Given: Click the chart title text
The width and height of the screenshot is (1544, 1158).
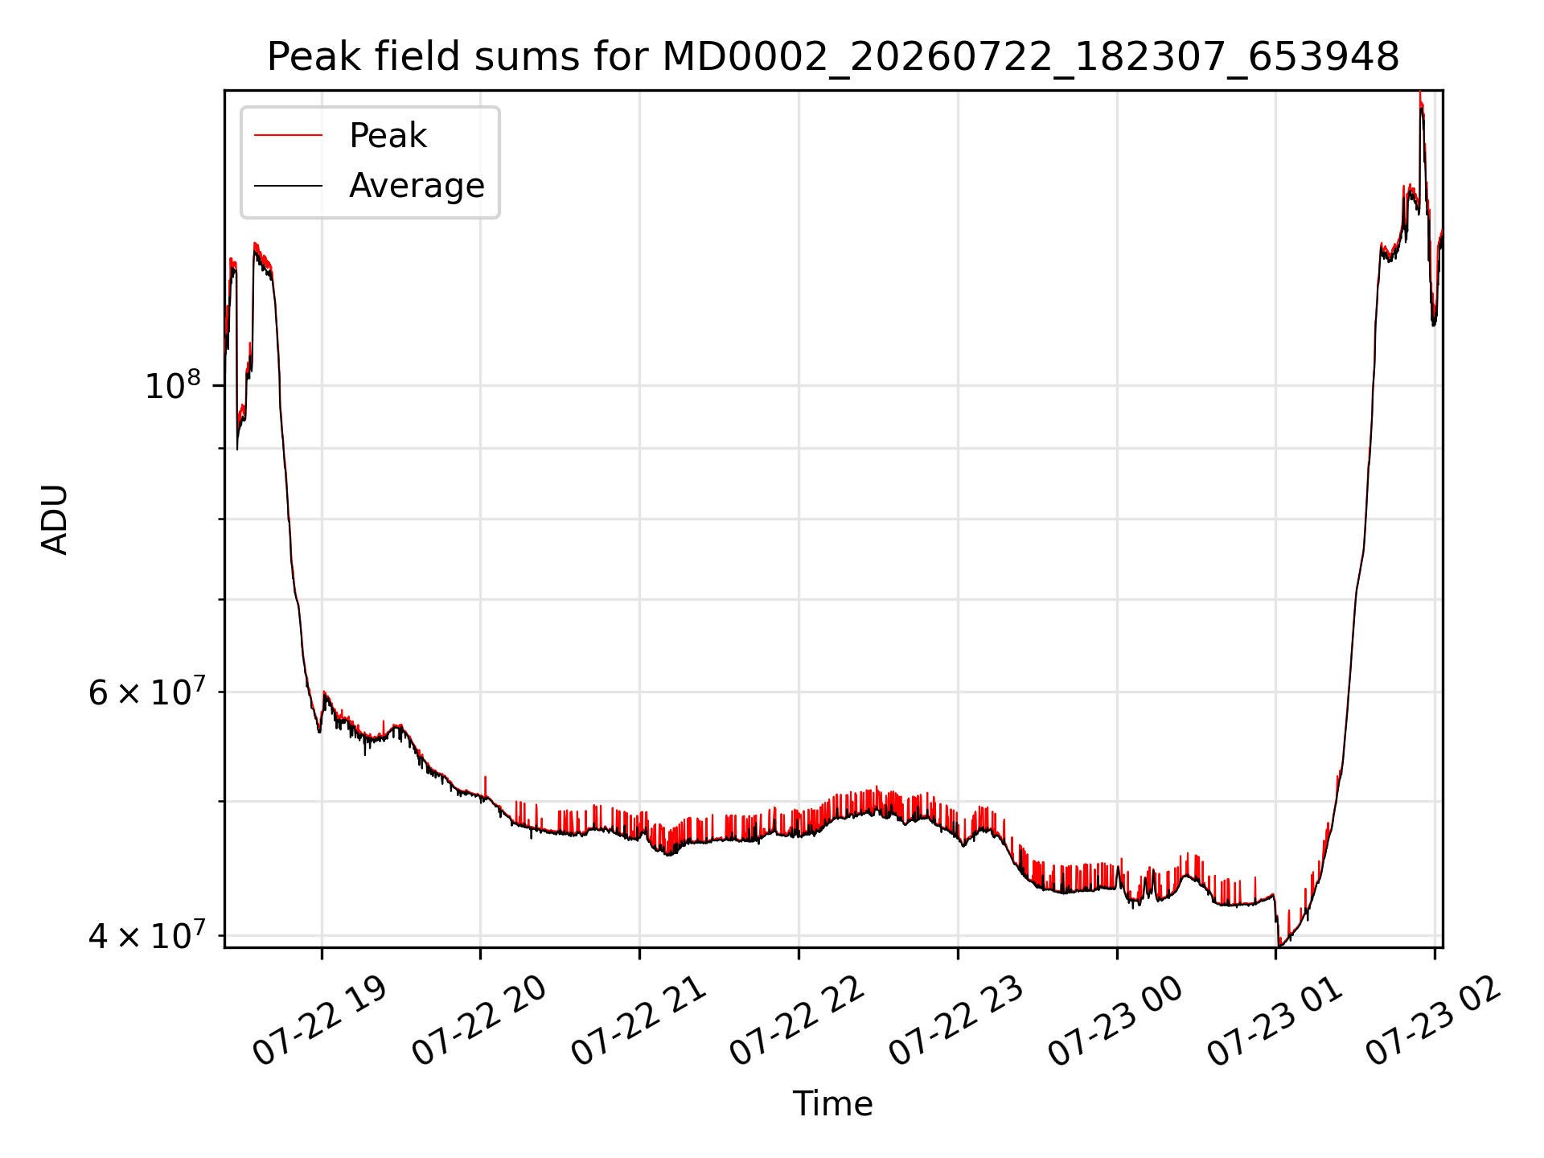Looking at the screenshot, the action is click(x=833, y=57).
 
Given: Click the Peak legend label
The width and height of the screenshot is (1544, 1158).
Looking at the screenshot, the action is click(x=388, y=136).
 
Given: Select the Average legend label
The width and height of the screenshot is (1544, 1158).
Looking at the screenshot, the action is click(x=417, y=186).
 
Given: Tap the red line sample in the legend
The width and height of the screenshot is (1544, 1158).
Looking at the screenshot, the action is click(x=288, y=136).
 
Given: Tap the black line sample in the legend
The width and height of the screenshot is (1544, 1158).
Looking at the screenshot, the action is click(x=288, y=186).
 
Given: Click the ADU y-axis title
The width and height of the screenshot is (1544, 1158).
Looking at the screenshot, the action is click(x=55, y=519).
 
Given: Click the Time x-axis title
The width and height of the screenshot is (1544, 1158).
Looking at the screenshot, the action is click(x=832, y=1104).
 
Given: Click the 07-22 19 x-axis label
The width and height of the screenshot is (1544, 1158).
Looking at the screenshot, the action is click(x=320, y=1021).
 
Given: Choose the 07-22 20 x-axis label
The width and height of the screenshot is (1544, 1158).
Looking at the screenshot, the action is click(x=479, y=1021).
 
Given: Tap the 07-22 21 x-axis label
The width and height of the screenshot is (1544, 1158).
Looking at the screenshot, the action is click(x=639, y=1021).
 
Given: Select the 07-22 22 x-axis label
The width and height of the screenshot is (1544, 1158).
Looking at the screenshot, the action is click(x=797, y=1021).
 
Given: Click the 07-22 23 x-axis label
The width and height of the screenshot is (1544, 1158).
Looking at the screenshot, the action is click(x=956, y=1021).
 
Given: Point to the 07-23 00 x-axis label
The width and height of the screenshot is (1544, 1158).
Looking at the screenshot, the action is click(x=1115, y=1021).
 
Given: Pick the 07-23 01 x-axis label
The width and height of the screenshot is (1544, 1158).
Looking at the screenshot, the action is click(x=1275, y=1021).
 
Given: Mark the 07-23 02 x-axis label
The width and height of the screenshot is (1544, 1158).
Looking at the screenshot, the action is click(x=1433, y=1021).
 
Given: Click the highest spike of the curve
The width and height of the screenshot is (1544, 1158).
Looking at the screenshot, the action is click(x=1420, y=93).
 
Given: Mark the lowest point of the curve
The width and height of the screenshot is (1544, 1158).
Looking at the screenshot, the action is click(x=1279, y=945).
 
